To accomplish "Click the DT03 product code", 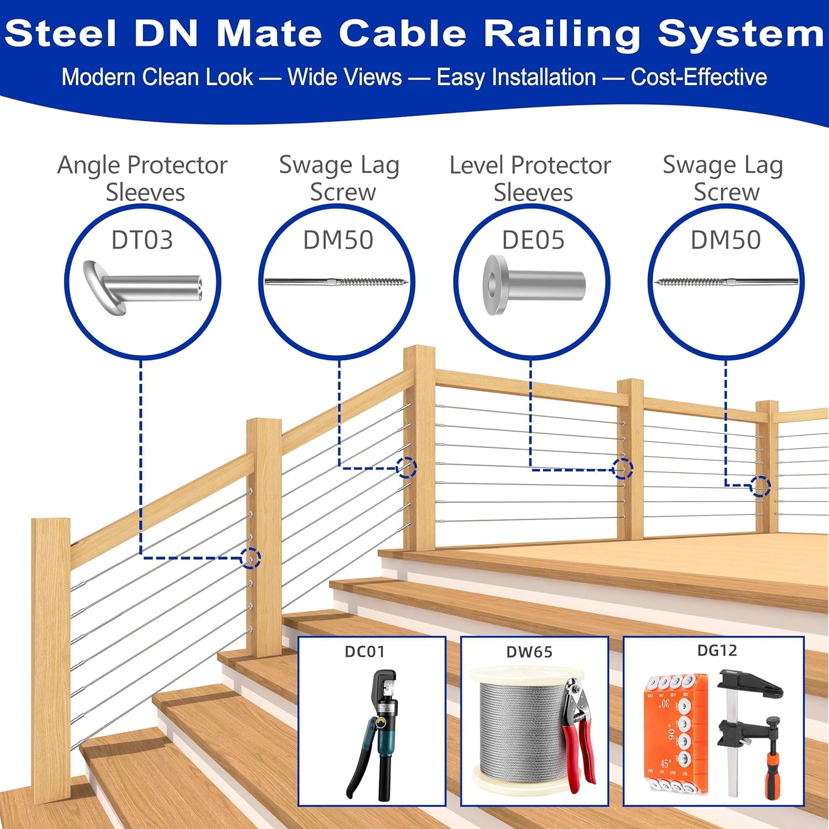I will tap(142, 240).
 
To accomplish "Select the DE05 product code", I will tap(533, 240).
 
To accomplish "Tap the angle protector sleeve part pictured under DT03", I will tap(143, 287).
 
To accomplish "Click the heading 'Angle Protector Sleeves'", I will tap(143, 179).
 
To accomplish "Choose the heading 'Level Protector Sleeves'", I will tap(531, 179).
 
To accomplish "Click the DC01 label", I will tap(364, 652).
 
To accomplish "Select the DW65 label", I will tap(529, 652).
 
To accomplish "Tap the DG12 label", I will tap(717, 650).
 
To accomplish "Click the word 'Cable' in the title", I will tap(403, 33).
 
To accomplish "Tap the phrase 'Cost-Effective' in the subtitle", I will tap(699, 77).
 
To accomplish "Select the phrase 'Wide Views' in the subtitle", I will tap(345, 77).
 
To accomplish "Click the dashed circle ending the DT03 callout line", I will tap(251, 558).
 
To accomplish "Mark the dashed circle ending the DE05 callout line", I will tap(623, 469).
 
